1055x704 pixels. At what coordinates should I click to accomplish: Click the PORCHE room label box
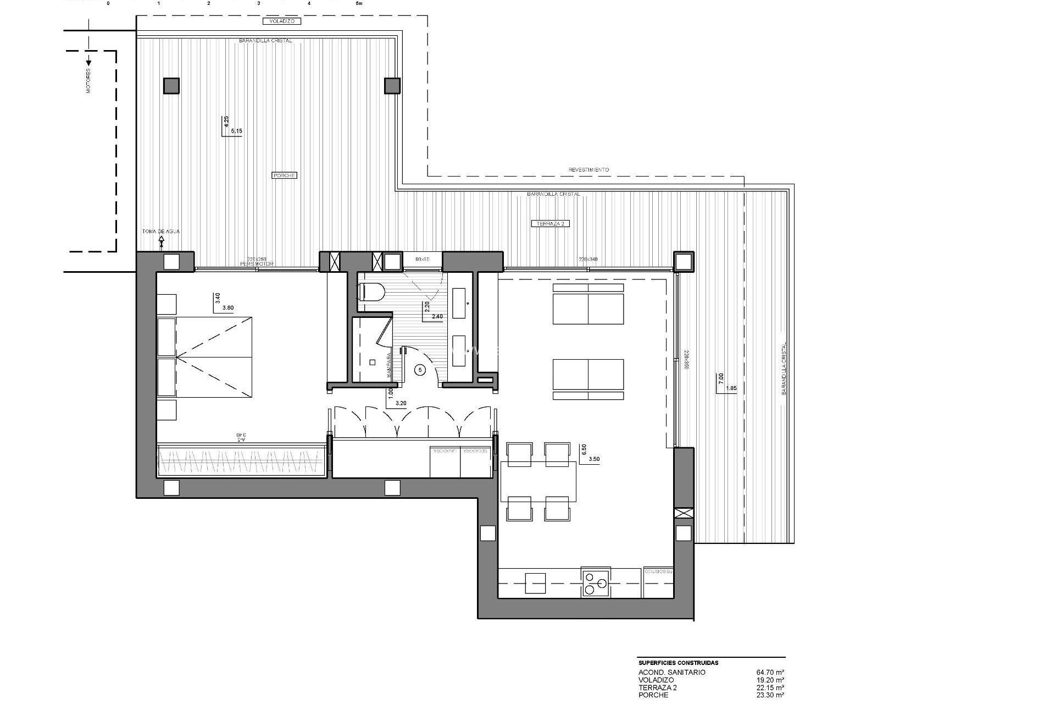click(284, 175)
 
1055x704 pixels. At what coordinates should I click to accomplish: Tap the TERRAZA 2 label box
click(551, 224)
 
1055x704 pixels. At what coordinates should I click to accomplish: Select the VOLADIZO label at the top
click(282, 21)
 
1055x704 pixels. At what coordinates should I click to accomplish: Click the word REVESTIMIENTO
click(588, 170)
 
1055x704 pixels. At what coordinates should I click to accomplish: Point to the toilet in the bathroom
click(371, 292)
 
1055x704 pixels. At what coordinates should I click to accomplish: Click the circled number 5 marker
click(420, 370)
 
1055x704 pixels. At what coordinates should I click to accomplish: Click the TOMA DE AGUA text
click(160, 232)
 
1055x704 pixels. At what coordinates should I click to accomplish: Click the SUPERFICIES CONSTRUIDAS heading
click(678, 663)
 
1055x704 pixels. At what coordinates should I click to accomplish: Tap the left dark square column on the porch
click(171, 86)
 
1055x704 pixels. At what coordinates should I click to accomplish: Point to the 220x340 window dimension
click(588, 259)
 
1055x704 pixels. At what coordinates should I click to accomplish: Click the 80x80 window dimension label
click(422, 259)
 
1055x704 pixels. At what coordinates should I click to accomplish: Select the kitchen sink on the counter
click(535, 583)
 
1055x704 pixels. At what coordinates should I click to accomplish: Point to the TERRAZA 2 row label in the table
click(658, 687)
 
